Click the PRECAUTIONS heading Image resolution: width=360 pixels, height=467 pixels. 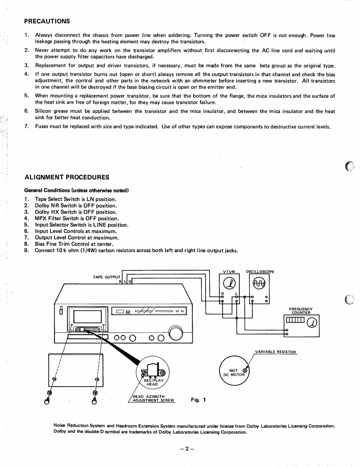point(47,21)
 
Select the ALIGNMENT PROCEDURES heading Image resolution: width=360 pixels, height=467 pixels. point(67,177)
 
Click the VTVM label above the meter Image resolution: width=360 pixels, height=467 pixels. point(229,272)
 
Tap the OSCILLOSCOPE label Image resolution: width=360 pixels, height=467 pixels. point(260,272)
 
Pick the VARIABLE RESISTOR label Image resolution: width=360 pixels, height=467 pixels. point(276,352)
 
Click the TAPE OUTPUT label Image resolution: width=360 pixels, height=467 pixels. point(106,276)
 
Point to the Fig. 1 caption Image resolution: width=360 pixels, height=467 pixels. point(198,400)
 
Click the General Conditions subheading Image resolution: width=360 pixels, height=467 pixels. point(77,190)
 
